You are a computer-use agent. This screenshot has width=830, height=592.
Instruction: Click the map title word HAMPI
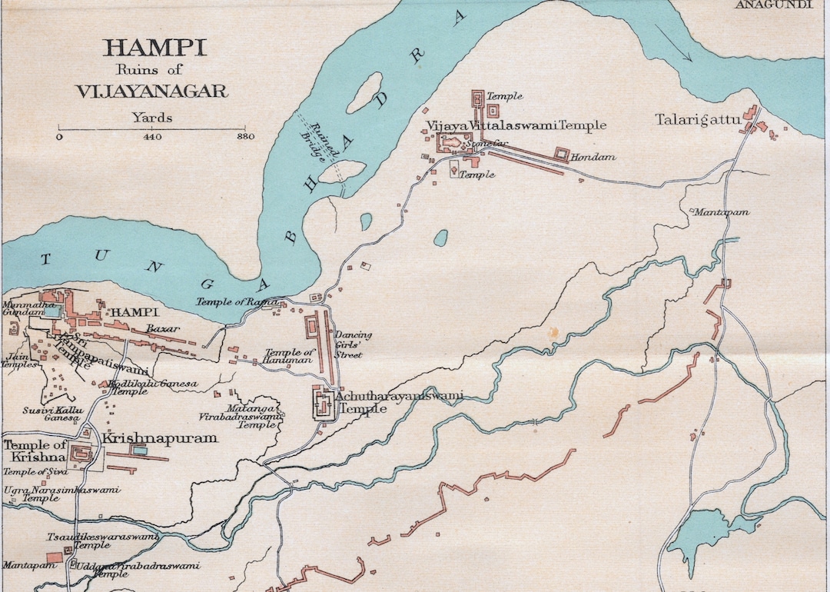point(154,48)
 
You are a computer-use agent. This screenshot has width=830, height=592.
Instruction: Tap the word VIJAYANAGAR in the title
point(151,91)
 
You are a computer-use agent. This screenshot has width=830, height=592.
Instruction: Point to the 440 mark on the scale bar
point(152,137)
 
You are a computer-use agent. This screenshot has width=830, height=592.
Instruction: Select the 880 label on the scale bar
point(245,137)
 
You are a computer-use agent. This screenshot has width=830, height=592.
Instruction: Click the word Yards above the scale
point(152,118)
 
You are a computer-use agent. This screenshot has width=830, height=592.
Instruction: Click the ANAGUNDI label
point(773,5)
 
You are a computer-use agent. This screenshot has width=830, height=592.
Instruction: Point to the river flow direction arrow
point(675,42)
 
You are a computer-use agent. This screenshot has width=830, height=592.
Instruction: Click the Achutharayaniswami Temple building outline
point(323,403)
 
